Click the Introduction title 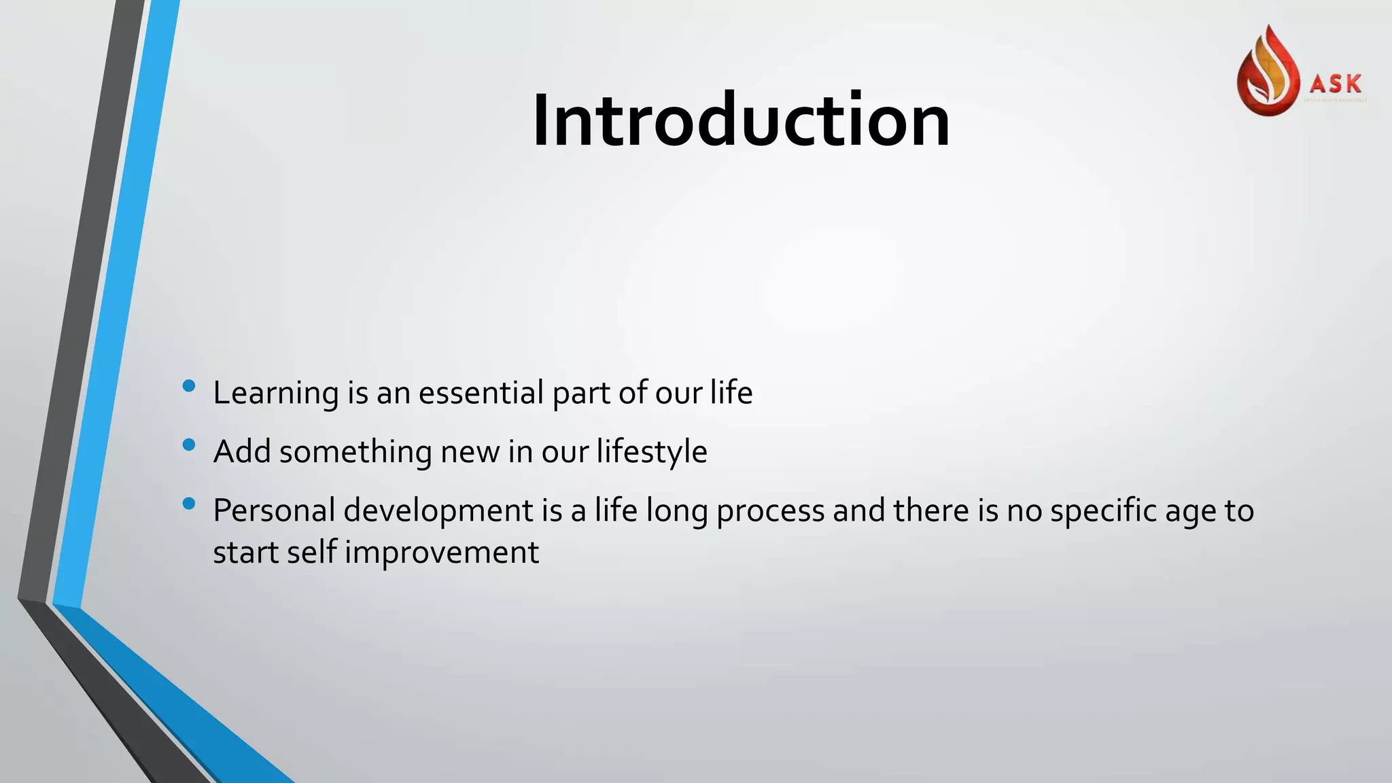(741, 120)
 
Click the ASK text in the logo (1336, 84)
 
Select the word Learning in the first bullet (275, 394)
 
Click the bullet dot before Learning (189, 387)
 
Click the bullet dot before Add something (189, 445)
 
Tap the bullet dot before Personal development (189, 504)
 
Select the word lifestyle (652, 452)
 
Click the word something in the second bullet (355, 452)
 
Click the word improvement (442, 553)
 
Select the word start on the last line (245, 552)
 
